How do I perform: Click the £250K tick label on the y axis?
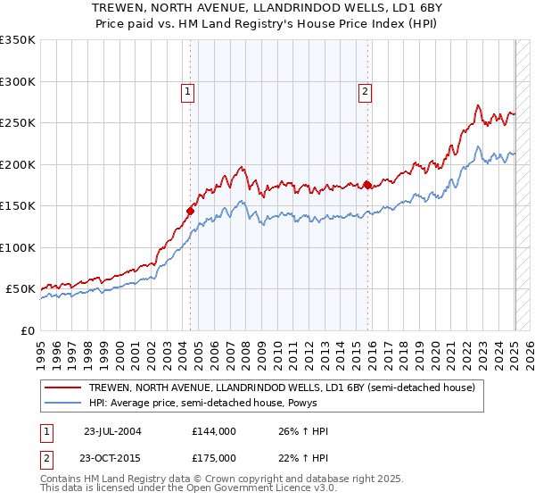(x=18, y=123)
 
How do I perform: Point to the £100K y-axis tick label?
(x=18, y=247)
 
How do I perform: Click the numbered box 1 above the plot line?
(x=188, y=90)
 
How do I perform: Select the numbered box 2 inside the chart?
(x=366, y=90)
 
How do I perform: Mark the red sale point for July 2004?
(x=190, y=212)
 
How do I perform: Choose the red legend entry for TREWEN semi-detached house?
(x=285, y=387)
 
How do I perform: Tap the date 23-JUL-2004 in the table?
(x=112, y=431)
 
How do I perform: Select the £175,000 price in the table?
(x=214, y=458)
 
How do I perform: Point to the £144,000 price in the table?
(x=214, y=431)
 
